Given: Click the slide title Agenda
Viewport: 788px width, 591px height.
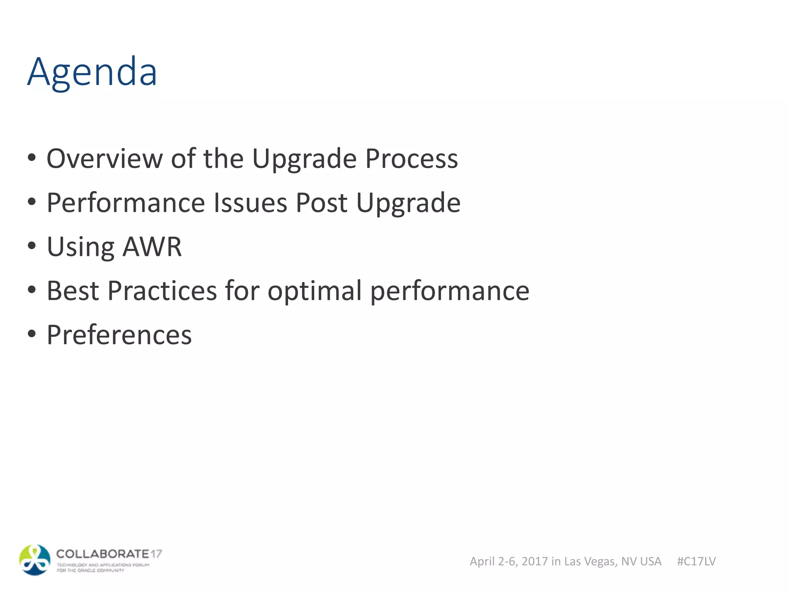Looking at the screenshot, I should (92, 72).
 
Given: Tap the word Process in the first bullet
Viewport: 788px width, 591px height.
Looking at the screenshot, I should (411, 159).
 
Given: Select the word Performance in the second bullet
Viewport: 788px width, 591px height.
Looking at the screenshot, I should (126, 203).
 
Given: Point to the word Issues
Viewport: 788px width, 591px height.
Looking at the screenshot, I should (250, 203).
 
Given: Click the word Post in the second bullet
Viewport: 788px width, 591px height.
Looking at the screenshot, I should (321, 203).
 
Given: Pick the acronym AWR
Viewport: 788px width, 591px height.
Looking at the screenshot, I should (152, 247).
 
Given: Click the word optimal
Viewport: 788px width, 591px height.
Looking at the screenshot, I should (315, 291).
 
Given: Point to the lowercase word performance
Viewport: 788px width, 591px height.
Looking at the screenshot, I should (449, 291).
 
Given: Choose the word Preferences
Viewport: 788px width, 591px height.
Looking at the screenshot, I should (119, 335).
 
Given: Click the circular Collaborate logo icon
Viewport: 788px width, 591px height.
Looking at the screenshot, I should (35, 560).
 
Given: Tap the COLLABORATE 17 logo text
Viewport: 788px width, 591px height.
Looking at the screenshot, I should (109, 554).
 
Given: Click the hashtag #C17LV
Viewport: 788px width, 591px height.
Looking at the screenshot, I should (696, 561).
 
